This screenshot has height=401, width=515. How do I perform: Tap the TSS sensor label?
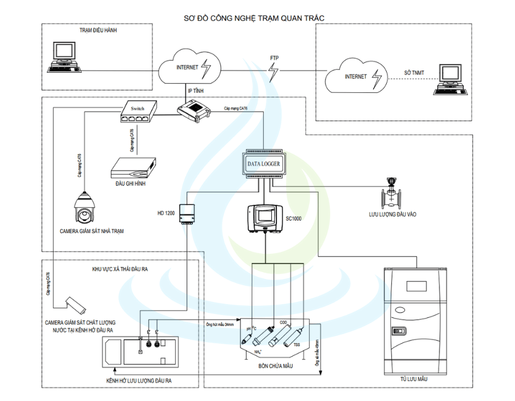[296, 345]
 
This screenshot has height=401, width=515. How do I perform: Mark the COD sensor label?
[283, 323]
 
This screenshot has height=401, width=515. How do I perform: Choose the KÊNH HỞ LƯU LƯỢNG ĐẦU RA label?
[140, 380]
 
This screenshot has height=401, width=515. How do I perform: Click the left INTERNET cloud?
[187, 68]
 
